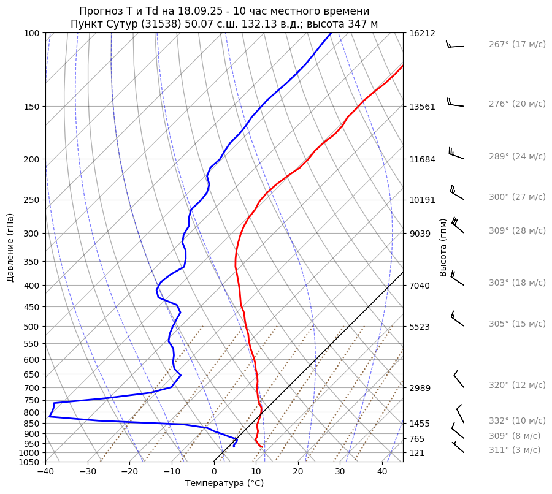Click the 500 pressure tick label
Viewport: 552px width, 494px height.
[x=32, y=327]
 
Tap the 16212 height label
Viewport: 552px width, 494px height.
[x=423, y=33]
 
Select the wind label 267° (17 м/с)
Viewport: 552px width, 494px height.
[x=517, y=45]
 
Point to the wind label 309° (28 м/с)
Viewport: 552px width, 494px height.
[x=517, y=230]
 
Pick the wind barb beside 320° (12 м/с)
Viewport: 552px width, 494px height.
[x=459, y=379]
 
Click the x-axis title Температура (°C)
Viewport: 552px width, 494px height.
[x=224, y=484]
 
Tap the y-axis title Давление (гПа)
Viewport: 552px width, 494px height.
[x=10, y=248]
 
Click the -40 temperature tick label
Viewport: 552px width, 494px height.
[x=45, y=472]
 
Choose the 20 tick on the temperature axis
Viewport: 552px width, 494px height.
[x=298, y=472]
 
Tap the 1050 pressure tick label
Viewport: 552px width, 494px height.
[x=29, y=462]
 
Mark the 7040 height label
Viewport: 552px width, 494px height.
[x=420, y=286]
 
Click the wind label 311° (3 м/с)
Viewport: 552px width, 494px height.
[x=515, y=450]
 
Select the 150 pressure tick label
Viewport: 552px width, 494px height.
[x=32, y=107]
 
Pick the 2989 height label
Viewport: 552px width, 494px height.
[x=420, y=388]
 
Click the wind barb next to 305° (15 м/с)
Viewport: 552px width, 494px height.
[x=457, y=318]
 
